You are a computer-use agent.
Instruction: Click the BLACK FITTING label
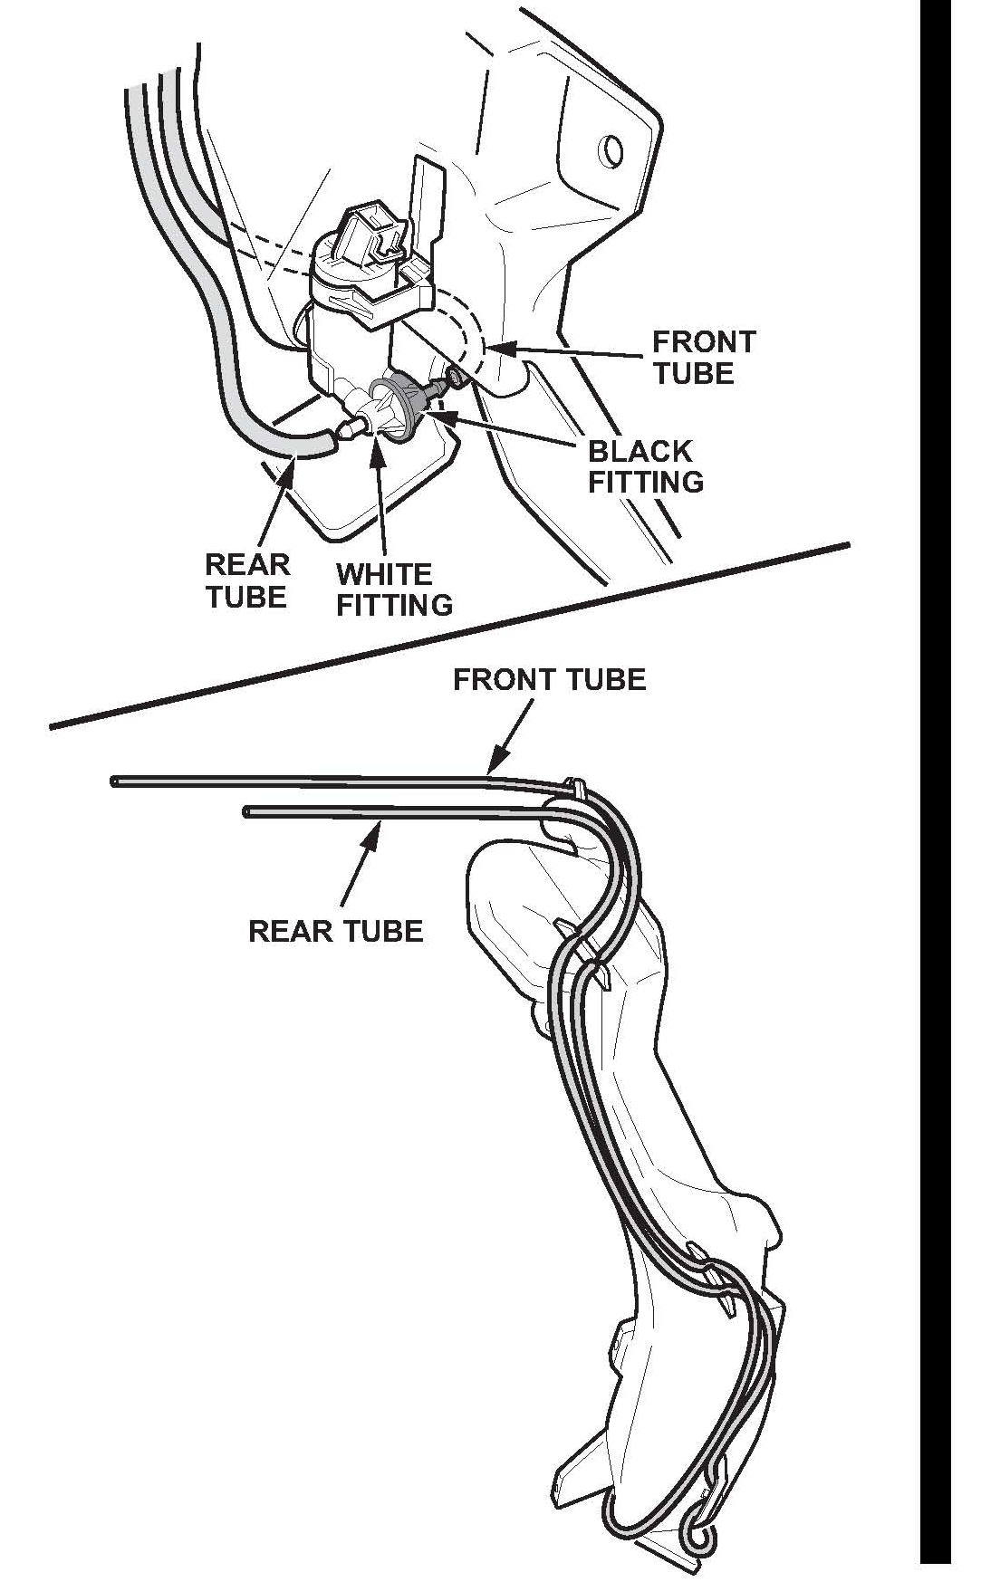click(x=646, y=466)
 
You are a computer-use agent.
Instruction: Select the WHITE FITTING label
click(x=394, y=589)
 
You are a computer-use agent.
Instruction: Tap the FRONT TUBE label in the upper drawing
click(x=704, y=357)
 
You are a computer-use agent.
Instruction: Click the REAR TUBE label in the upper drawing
click(x=246, y=580)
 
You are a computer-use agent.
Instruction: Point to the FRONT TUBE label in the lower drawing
click(x=550, y=679)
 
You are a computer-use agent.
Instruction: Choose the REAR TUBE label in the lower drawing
click(x=336, y=931)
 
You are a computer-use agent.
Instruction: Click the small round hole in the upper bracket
click(x=612, y=149)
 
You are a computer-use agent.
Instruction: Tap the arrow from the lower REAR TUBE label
click(x=359, y=861)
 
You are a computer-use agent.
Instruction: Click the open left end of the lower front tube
click(x=114, y=780)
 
